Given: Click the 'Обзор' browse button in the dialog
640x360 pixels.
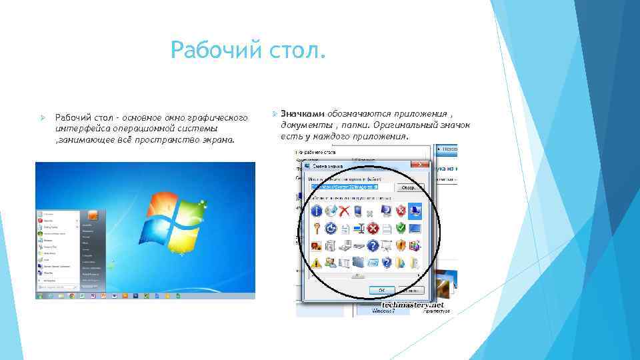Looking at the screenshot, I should [x=407, y=189].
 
